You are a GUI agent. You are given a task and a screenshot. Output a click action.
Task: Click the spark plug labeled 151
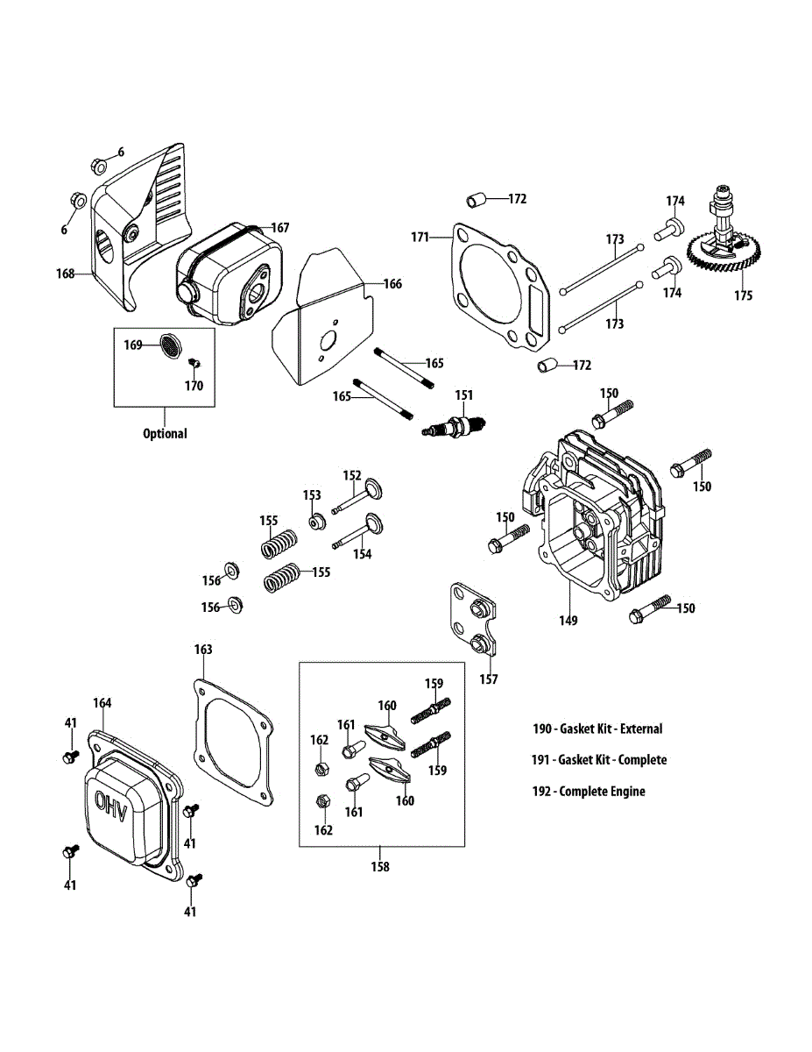(454, 424)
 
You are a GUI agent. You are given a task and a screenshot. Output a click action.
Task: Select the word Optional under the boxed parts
(165, 433)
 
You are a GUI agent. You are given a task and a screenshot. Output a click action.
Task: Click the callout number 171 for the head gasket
(420, 238)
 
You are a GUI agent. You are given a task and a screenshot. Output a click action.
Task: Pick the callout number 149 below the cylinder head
(568, 620)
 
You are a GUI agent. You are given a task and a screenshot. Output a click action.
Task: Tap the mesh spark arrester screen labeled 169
(170, 345)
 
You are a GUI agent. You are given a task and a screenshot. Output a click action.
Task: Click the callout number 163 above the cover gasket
(203, 650)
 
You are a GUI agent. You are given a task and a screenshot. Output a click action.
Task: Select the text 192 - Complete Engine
(589, 792)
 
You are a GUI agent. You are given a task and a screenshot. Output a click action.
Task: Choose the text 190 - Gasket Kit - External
(597, 729)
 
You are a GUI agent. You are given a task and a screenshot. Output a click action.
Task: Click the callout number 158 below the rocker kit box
(380, 866)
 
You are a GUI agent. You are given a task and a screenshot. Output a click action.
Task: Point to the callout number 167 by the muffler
(280, 228)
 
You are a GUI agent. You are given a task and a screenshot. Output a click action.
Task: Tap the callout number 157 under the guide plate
(489, 679)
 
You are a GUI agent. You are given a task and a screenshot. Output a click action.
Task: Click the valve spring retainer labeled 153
(317, 522)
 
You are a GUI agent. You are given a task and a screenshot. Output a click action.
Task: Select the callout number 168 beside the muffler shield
(66, 274)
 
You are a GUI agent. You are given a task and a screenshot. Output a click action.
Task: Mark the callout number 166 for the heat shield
(392, 284)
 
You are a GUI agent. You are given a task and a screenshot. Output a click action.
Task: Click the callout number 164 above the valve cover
(102, 703)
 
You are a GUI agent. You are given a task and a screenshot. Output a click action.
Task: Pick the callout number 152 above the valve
(352, 475)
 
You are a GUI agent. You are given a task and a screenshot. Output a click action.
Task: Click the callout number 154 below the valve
(363, 554)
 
